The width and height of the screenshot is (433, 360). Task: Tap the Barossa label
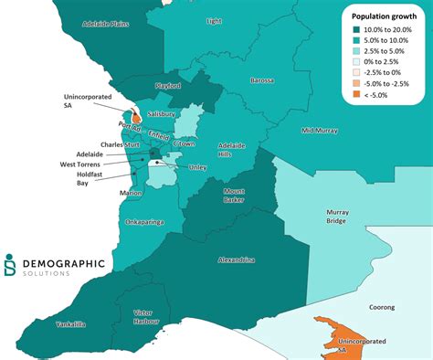click(262, 80)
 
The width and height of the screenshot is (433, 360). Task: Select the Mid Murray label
click(320, 131)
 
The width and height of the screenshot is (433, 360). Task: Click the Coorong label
click(383, 308)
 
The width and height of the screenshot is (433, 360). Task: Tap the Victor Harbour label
click(148, 317)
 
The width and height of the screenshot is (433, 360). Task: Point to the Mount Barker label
click(240, 196)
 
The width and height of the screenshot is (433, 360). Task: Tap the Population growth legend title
click(385, 16)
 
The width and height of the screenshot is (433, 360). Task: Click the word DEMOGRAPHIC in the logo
click(62, 264)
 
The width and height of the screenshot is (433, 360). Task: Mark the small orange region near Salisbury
click(135, 118)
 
